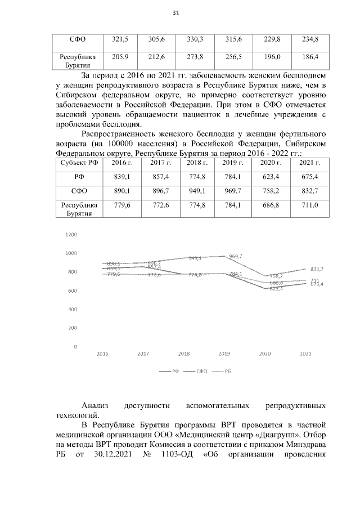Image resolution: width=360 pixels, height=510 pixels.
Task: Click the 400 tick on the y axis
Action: (x=73, y=309)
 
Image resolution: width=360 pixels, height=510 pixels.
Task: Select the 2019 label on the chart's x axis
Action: (x=224, y=354)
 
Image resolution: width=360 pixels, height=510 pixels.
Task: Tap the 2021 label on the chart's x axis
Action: (x=305, y=354)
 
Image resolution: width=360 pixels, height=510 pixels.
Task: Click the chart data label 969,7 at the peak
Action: (x=236, y=257)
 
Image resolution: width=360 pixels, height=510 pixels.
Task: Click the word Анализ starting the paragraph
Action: (x=94, y=405)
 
